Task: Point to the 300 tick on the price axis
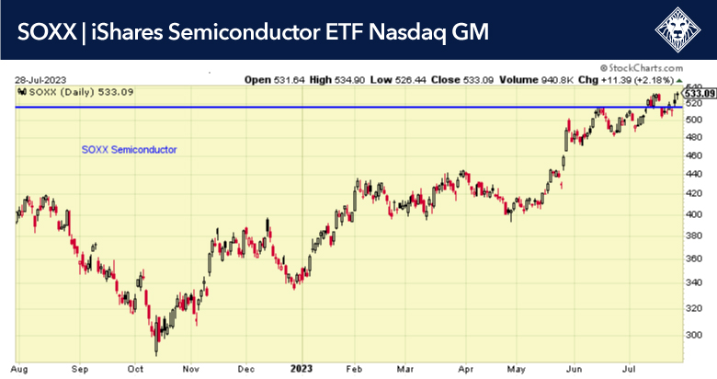click(696, 335)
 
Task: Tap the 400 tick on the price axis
click(696, 214)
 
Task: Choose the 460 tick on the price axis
click(696, 155)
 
